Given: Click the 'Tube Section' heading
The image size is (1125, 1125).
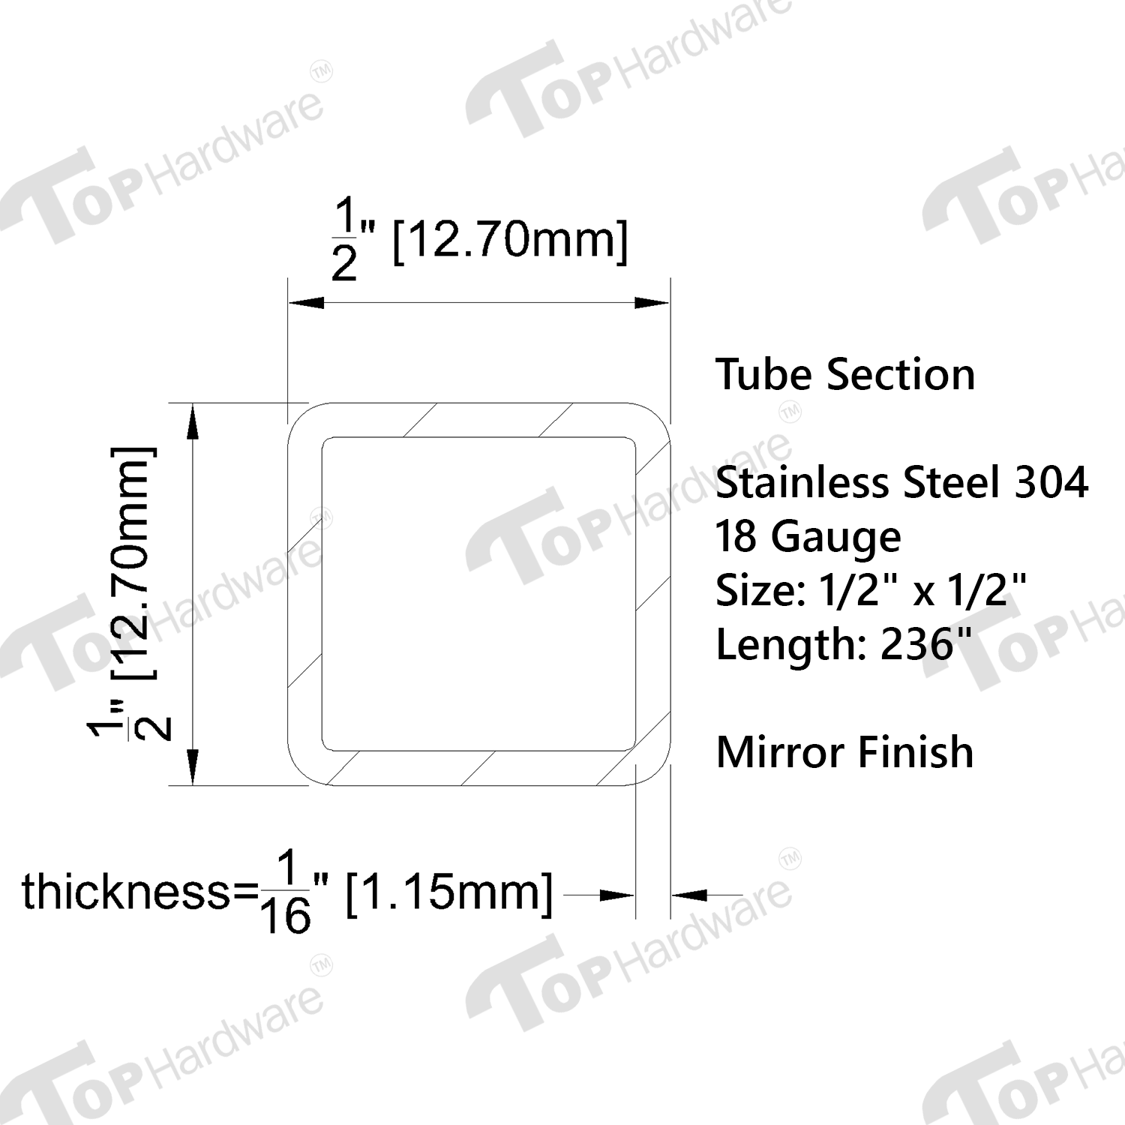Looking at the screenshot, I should point(845,374).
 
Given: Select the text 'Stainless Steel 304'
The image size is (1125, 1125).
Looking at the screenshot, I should point(901,482).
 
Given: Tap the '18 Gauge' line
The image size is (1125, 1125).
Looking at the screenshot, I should point(808,537).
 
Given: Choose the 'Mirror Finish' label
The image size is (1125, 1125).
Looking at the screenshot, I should point(844,752).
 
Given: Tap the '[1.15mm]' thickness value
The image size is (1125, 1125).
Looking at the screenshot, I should point(448,892).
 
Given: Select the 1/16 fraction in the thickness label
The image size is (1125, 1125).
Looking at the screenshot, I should point(286,893).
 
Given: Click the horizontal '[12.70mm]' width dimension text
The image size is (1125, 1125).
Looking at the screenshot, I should point(510,240).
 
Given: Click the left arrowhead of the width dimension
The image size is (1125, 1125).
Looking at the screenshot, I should point(306,303).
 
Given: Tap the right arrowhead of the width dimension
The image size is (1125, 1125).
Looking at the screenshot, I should point(652,303).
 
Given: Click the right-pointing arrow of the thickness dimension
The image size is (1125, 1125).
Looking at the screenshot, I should point(617,895).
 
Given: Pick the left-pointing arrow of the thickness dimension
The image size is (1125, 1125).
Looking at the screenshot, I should point(689,895).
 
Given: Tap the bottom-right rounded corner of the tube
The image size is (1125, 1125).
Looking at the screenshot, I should point(657,772).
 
